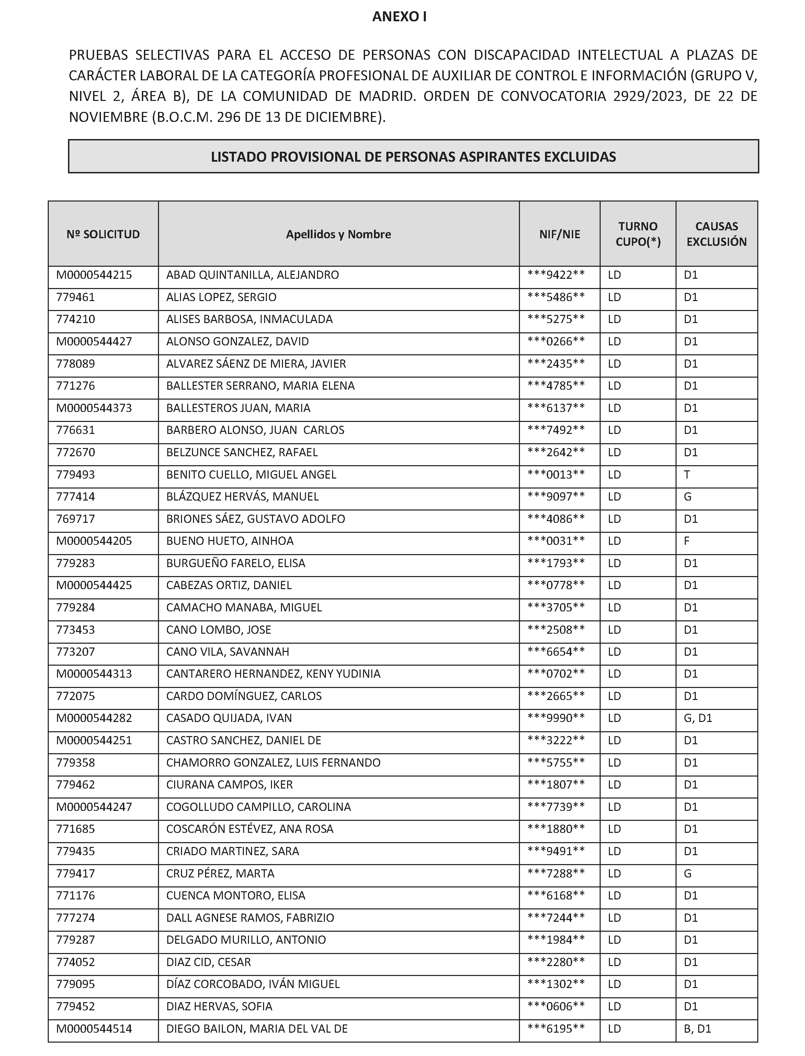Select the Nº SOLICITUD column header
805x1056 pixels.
[103, 234]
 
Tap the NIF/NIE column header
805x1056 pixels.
[559, 234]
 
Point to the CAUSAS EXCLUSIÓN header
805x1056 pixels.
[716, 234]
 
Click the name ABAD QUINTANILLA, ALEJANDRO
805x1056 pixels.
[252, 275]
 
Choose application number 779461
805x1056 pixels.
[76, 297]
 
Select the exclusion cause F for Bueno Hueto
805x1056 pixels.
[687, 541]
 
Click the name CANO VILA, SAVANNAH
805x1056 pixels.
[228, 652]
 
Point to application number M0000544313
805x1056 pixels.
[94, 674]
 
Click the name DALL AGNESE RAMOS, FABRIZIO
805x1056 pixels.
[250, 918]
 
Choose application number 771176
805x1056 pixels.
[76, 896]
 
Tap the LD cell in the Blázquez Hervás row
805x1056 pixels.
[614, 497]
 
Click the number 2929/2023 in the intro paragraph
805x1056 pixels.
[649, 96]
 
